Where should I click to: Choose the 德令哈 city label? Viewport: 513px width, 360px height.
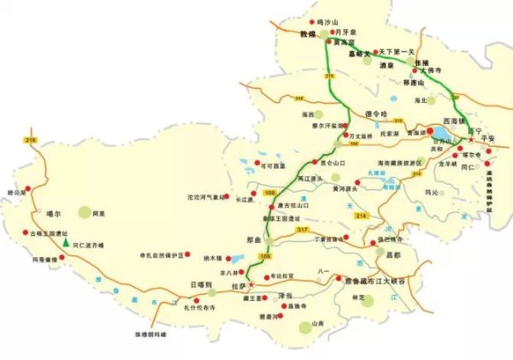[376, 113]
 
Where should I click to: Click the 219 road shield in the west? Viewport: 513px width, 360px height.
[32, 139]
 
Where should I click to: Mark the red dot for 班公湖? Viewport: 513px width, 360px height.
[27, 187]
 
